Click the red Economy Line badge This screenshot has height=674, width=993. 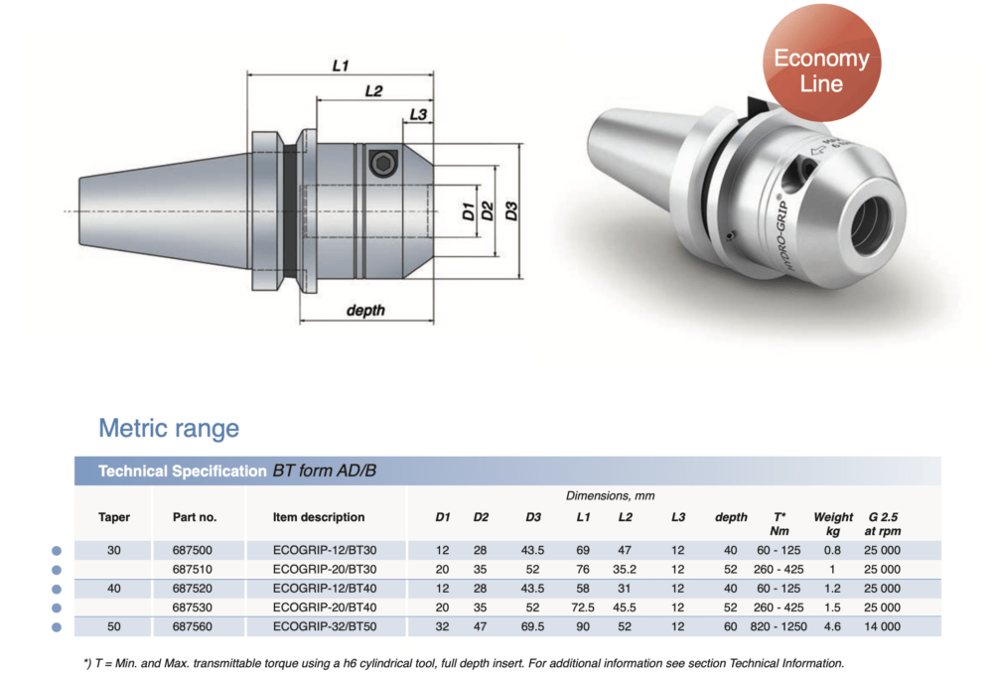pos(820,69)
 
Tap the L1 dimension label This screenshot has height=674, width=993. pos(341,65)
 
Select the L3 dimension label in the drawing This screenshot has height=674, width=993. pos(418,115)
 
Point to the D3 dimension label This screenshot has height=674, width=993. pos(510,210)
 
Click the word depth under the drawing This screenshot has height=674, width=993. pos(365,311)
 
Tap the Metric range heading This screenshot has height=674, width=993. pos(169,429)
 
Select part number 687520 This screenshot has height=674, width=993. pos(194,588)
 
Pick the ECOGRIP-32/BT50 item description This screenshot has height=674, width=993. pos(325,626)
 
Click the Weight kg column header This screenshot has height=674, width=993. pos(832,523)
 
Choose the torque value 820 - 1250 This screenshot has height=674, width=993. pos(780,626)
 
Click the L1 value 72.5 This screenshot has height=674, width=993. pos(583,607)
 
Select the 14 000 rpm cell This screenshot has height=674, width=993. pos(882,626)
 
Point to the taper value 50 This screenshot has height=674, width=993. pos(114,626)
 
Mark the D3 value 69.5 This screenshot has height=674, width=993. pos(533,626)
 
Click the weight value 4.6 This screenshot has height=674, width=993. pos(832,626)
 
